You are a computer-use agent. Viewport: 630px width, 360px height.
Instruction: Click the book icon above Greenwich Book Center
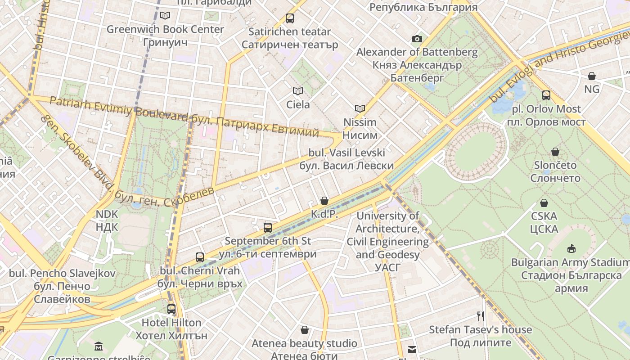click(x=165, y=15)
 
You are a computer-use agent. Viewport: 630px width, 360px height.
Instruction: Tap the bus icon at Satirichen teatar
click(x=290, y=18)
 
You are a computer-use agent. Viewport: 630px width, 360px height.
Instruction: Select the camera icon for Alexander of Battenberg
click(x=417, y=39)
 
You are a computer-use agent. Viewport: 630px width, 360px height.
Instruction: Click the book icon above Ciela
click(x=298, y=91)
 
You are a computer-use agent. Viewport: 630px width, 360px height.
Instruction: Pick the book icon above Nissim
click(x=360, y=108)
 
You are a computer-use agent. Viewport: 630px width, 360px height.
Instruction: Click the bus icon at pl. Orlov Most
click(x=546, y=95)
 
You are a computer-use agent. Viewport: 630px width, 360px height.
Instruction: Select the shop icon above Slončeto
click(x=555, y=152)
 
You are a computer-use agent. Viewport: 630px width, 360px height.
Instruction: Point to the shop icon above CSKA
click(x=544, y=203)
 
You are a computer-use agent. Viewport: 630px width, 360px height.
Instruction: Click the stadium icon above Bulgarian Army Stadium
click(x=571, y=248)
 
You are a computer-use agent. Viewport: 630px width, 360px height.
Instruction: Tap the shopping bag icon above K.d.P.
click(x=324, y=201)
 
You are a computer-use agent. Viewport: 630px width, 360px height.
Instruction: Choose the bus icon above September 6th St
click(x=268, y=227)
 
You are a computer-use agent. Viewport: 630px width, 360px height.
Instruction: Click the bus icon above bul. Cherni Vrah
click(x=200, y=257)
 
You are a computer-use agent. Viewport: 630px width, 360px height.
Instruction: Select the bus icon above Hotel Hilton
click(x=171, y=309)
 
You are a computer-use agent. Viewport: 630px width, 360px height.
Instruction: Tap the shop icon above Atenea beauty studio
click(x=305, y=330)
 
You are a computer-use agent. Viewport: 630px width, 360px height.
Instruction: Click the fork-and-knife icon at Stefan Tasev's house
click(x=480, y=316)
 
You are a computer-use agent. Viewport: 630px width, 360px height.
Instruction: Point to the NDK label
click(x=107, y=220)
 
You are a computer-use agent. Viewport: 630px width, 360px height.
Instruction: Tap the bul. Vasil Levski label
click(x=346, y=159)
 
